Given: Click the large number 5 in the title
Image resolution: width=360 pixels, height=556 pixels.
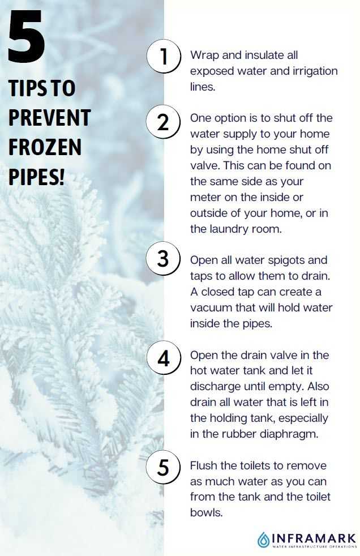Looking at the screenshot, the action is pyautogui.click(x=27, y=36).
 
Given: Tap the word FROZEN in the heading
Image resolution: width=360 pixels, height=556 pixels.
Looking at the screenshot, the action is pyautogui.click(x=45, y=148).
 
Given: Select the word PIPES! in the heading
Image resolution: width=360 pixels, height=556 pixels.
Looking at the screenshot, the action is pyautogui.click(x=37, y=177).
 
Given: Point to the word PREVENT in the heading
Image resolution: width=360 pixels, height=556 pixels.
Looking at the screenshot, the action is pyautogui.click(x=50, y=118).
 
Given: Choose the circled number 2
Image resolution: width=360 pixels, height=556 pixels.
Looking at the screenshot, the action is pyautogui.click(x=164, y=122).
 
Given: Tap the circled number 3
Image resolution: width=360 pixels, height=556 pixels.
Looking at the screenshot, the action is pyautogui.click(x=164, y=259).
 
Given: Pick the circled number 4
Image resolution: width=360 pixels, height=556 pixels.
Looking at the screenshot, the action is pyautogui.click(x=164, y=358).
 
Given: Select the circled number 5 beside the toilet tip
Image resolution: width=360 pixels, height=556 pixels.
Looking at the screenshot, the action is pyautogui.click(x=164, y=467).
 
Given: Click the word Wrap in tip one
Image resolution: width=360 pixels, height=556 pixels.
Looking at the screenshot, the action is pyautogui.click(x=204, y=55).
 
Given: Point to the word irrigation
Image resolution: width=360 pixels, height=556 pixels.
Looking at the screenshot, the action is pyautogui.click(x=315, y=71).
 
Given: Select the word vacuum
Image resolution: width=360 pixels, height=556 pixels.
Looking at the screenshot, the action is pyautogui.click(x=211, y=308).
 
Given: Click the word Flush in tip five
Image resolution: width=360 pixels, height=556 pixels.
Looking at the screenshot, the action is pyautogui.click(x=204, y=465).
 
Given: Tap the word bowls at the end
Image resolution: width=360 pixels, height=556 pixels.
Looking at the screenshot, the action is pyautogui.click(x=206, y=512).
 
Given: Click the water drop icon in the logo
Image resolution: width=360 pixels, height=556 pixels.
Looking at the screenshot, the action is pyautogui.click(x=263, y=540).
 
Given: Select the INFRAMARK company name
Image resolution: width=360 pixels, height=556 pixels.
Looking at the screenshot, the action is pyautogui.click(x=314, y=538).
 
